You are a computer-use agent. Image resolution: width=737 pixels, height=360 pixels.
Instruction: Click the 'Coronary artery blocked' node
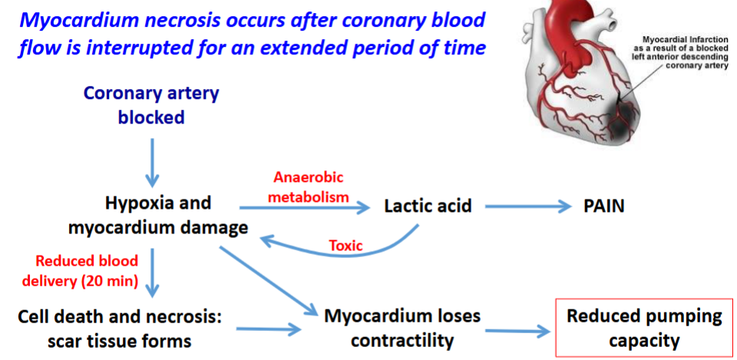click(151, 105)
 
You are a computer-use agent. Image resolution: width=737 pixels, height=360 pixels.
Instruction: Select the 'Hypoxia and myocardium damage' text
click(158, 216)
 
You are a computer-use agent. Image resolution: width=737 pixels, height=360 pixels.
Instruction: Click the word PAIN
click(603, 206)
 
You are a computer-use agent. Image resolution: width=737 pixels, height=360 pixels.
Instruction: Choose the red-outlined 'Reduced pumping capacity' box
click(644, 328)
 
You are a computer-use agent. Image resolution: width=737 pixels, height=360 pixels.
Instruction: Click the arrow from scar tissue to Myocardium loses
click(269, 330)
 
